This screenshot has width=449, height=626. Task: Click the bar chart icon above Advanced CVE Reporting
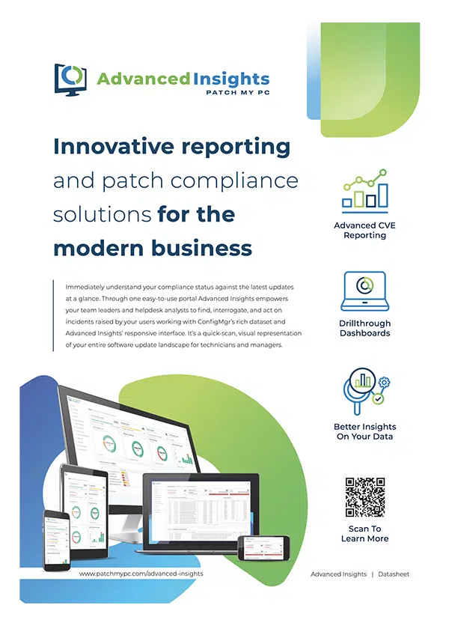tap(364, 189)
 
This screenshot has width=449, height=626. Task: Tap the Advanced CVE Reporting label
tap(364, 230)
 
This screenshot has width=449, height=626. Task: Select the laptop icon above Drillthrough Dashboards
tap(364, 291)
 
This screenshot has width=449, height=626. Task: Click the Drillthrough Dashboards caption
tap(364, 328)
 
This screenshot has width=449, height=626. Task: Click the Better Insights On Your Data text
tap(364, 431)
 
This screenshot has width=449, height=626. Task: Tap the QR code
tap(364, 497)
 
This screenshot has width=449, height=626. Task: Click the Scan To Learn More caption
tap(364, 533)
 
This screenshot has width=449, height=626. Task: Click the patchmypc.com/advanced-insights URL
tap(141, 574)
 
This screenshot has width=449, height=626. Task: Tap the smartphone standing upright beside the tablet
tap(56, 533)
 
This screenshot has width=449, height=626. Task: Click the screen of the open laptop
tap(200, 509)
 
